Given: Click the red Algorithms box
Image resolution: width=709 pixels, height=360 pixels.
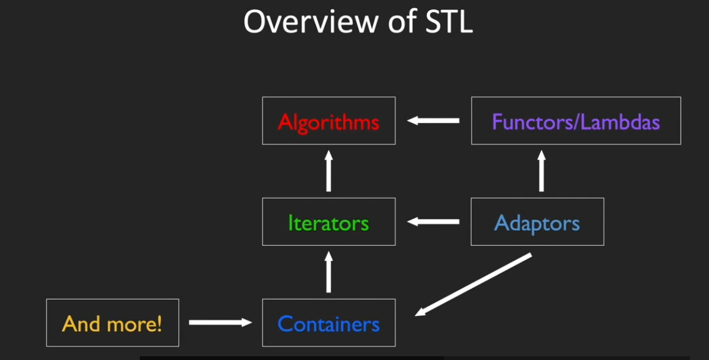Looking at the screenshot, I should click(328, 121).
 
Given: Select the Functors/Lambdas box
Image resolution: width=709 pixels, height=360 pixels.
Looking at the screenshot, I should click(575, 121).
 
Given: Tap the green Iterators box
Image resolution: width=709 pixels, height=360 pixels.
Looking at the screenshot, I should click(328, 222).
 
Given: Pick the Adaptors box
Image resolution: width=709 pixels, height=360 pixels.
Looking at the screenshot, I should click(537, 222).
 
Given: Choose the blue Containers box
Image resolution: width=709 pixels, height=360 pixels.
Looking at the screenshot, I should click(328, 323).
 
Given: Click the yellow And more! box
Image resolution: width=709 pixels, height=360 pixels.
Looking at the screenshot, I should click(112, 323).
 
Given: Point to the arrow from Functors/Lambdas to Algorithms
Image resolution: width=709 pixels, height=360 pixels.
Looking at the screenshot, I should click(433, 120).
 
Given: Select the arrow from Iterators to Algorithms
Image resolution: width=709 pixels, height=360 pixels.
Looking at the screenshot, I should click(328, 171).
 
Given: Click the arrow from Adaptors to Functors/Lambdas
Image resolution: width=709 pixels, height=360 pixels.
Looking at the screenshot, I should click(541, 171).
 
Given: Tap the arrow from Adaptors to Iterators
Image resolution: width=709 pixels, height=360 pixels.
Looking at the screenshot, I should click(433, 221).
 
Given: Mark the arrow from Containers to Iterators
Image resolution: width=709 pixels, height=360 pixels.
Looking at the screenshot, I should click(328, 272).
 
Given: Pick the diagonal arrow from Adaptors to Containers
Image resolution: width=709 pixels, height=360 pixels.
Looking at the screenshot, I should click(473, 283).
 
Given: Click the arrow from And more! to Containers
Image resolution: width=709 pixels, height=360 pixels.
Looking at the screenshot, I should click(220, 322).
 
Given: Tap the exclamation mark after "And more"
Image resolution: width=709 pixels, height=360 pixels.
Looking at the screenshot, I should click(159, 324).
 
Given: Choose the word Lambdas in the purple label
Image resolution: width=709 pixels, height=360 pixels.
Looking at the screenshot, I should click(620, 122).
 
